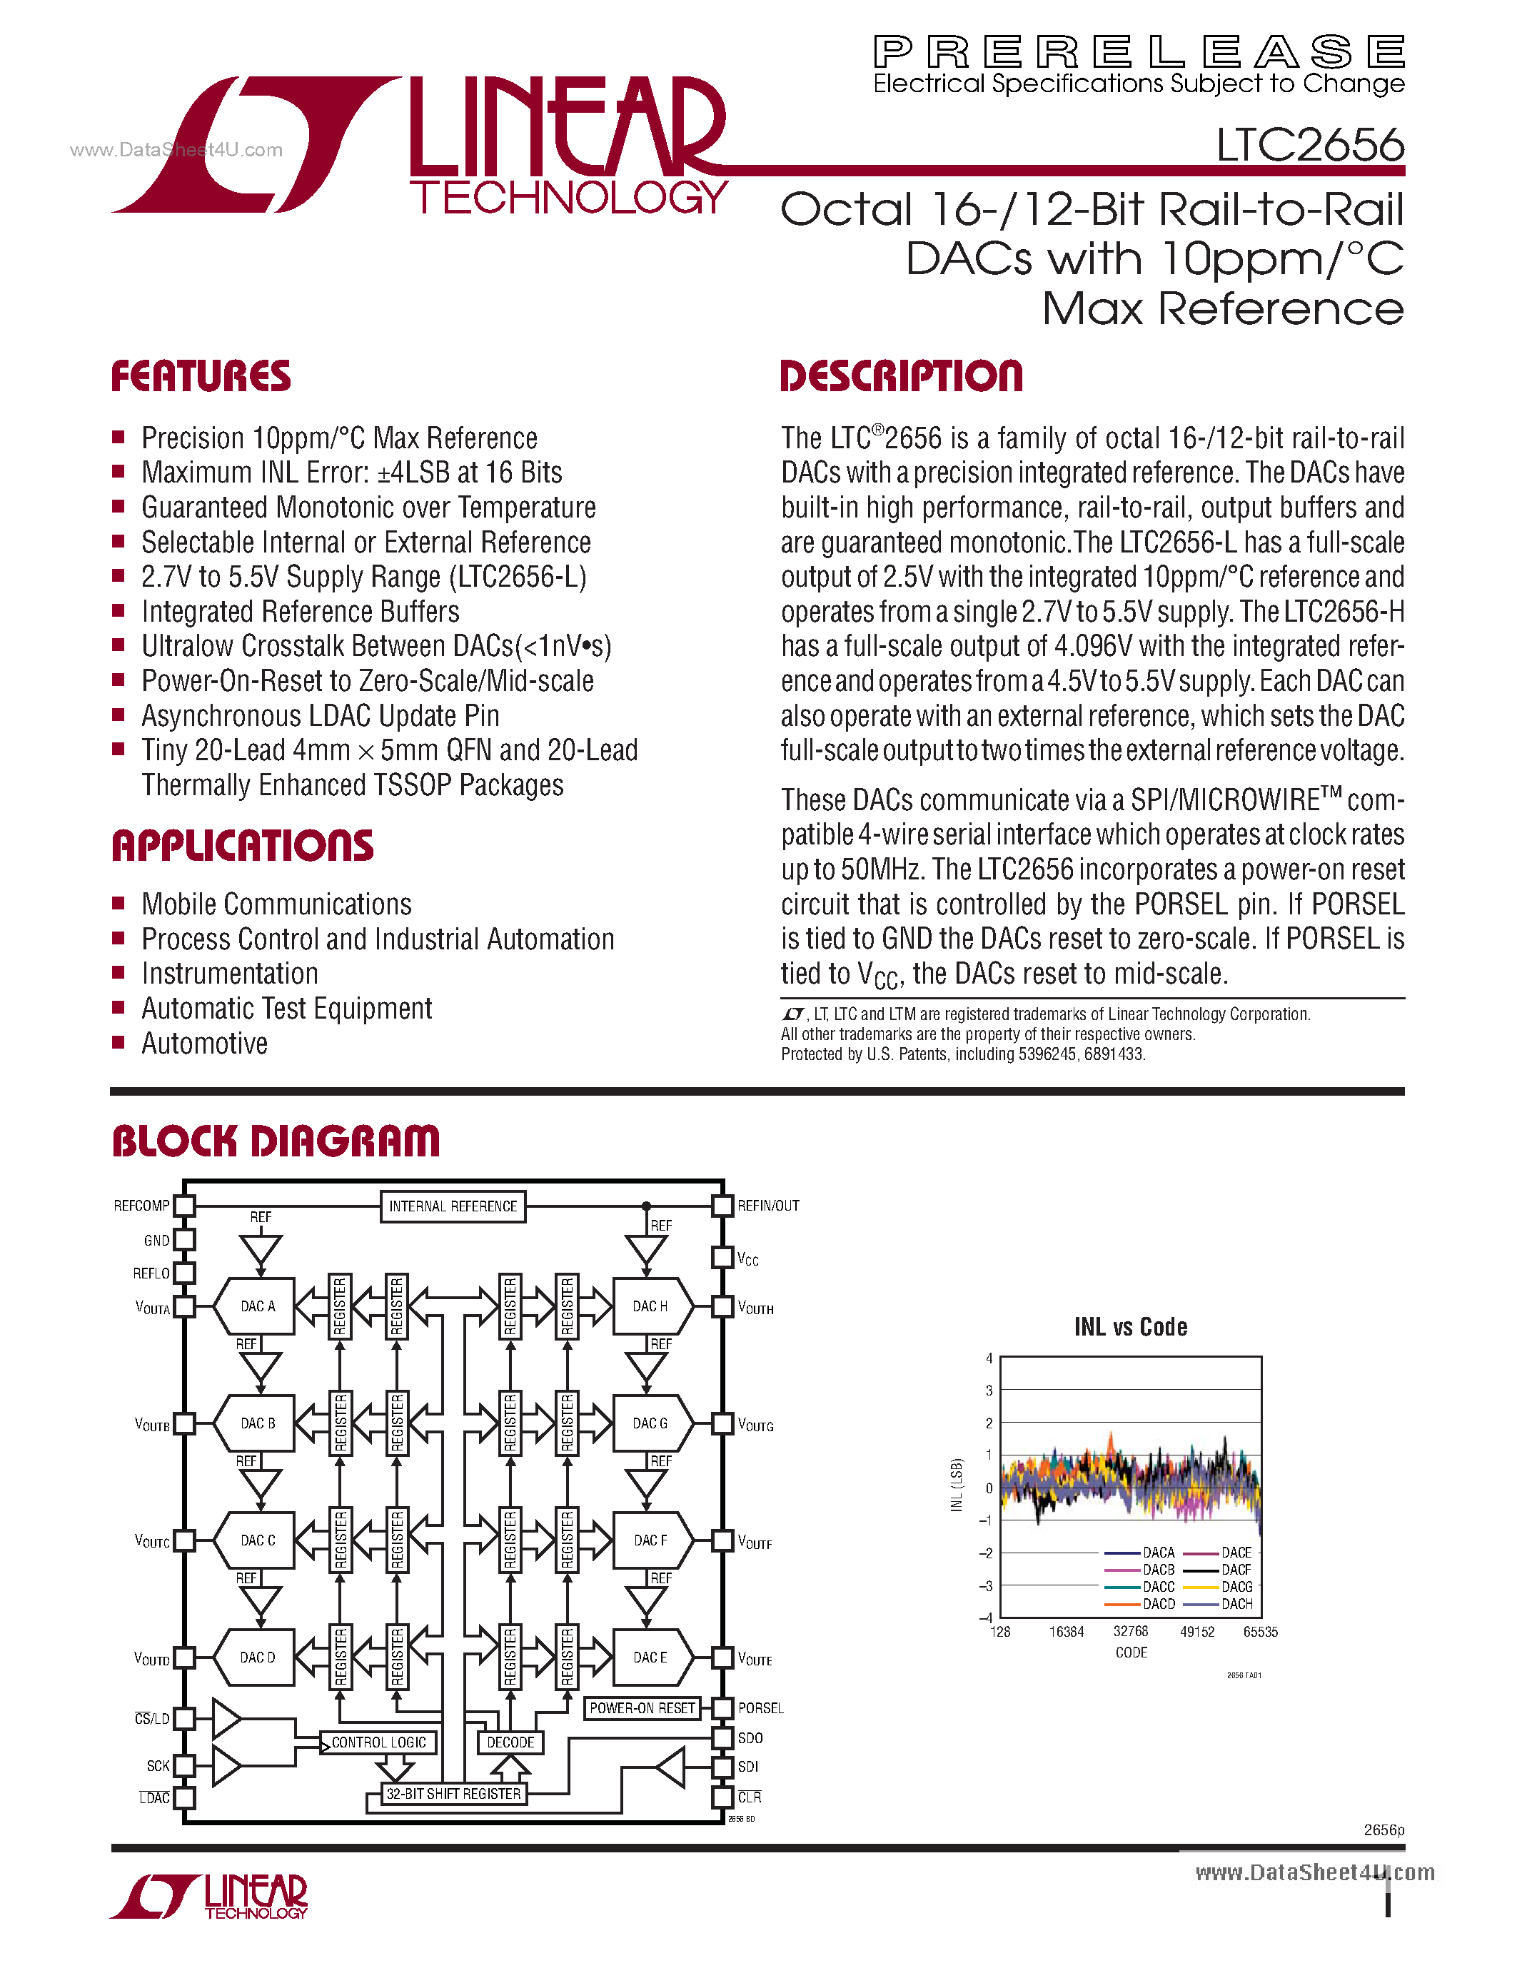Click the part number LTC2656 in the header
(1309, 146)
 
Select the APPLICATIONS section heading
(243, 846)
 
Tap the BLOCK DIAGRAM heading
(276, 1141)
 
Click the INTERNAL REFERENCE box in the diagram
(453, 1206)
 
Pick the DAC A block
(257, 1306)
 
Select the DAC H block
(650, 1306)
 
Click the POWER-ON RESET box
(642, 1707)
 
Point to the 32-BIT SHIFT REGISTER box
(453, 1793)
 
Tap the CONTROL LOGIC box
(378, 1742)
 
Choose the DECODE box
(510, 1742)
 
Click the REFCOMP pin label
(141, 1206)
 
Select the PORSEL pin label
(760, 1707)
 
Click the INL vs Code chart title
(1131, 1327)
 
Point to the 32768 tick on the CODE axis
(1131, 1631)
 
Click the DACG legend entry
(1236, 1586)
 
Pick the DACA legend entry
(1159, 1553)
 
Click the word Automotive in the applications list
(205, 1044)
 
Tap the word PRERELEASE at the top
(1139, 52)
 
